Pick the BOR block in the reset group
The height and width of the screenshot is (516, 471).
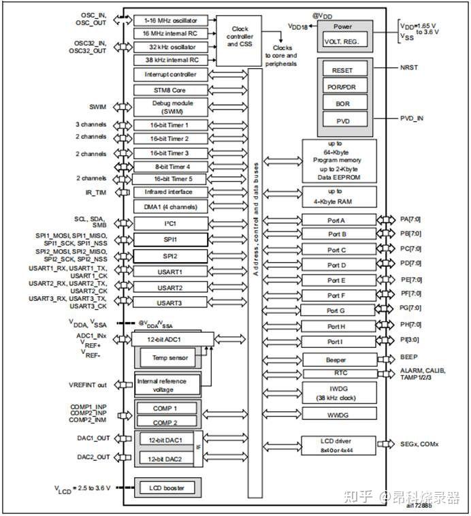coord(342,103)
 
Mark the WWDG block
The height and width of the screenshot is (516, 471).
coord(339,413)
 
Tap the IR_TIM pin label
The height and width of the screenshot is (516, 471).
coord(96,193)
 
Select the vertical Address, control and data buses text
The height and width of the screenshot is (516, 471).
coord(256,218)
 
